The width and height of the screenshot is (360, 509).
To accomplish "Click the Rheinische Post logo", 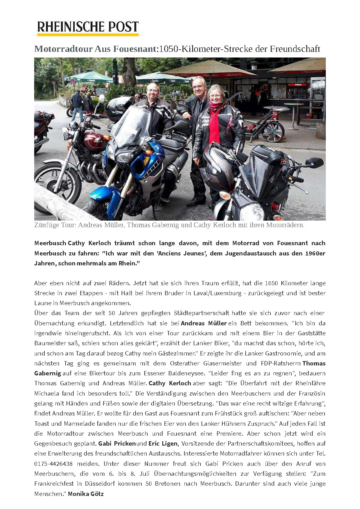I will click(88, 28).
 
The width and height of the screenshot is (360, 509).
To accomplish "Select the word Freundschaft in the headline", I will click(295, 49).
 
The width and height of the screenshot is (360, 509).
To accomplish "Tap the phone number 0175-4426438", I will click(53, 464).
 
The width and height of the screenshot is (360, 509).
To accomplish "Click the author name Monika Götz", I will click(86, 493).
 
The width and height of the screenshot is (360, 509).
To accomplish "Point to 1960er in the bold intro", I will click(315, 253).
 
